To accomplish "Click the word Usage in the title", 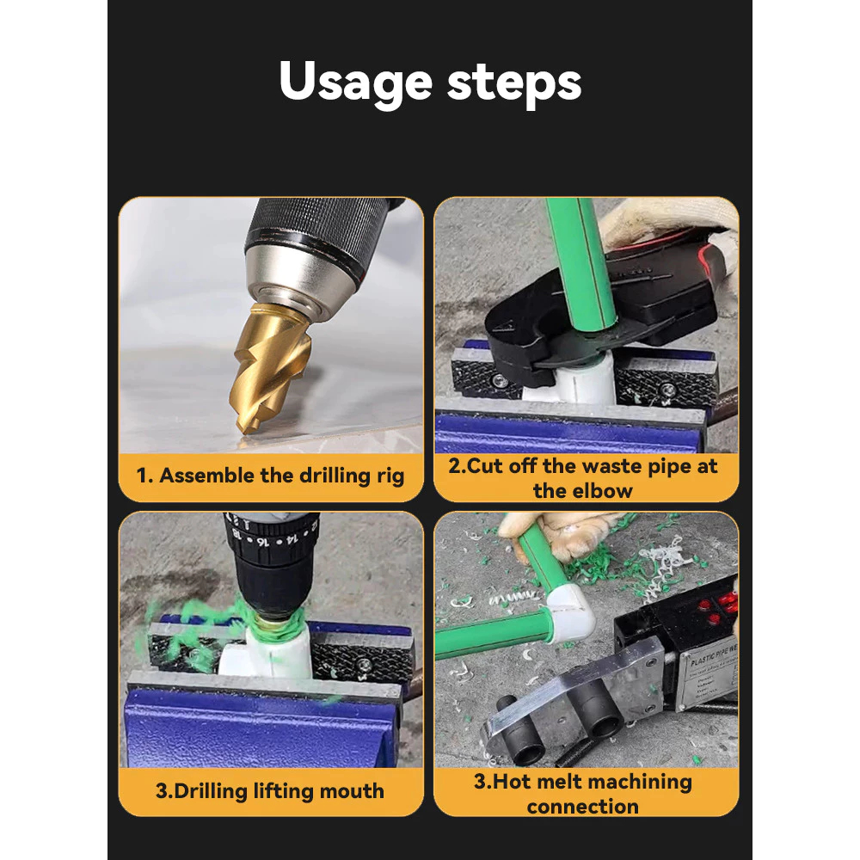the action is [x=355, y=83].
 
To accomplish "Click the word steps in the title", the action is [x=514, y=83].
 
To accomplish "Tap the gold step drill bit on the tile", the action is [x=270, y=366].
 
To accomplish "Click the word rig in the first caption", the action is [x=390, y=476].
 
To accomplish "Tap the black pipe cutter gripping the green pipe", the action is [x=604, y=307].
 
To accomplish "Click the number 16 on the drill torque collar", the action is [x=262, y=542].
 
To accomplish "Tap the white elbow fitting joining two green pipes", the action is [x=568, y=613].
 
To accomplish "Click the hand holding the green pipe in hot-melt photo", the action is [x=560, y=535].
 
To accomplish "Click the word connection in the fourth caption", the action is [x=582, y=807].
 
